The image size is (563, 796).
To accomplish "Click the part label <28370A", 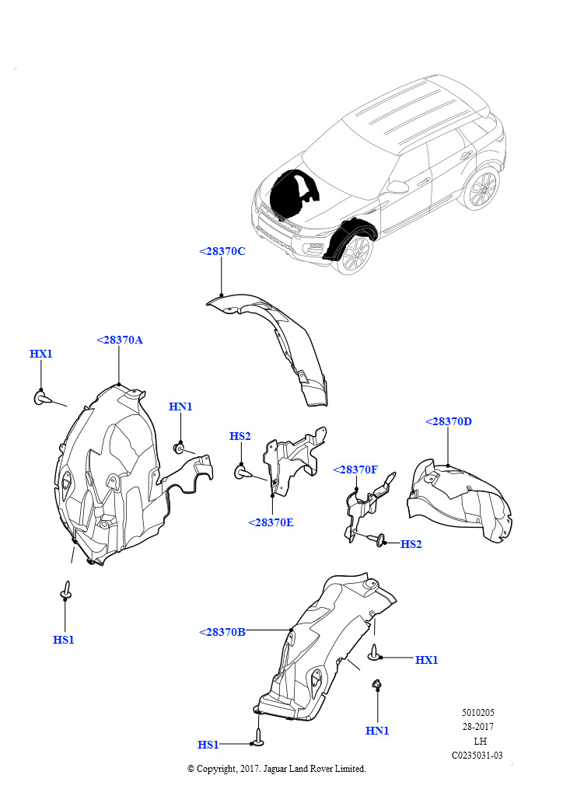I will (x=120, y=340).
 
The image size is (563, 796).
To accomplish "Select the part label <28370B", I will (x=222, y=632).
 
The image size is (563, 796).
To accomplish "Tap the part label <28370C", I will (x=222, y=251).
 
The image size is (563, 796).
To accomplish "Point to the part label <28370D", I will (x=449, y=421).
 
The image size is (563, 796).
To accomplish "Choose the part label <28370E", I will (x=271, y=522).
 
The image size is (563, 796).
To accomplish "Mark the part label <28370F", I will (x=355, y=470).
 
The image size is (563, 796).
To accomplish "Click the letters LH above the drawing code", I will (x=480, y=741).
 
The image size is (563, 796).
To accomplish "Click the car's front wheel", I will (x=355, y=252).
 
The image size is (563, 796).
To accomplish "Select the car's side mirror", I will (x=397, y=187).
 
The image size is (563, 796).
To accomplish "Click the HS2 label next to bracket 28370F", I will (x=411, y=544).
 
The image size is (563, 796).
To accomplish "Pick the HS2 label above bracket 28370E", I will (x=240, y=437).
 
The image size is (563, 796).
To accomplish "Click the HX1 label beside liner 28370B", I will (x=426, y=660).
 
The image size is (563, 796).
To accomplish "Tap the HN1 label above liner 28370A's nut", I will (x=180, y=407).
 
